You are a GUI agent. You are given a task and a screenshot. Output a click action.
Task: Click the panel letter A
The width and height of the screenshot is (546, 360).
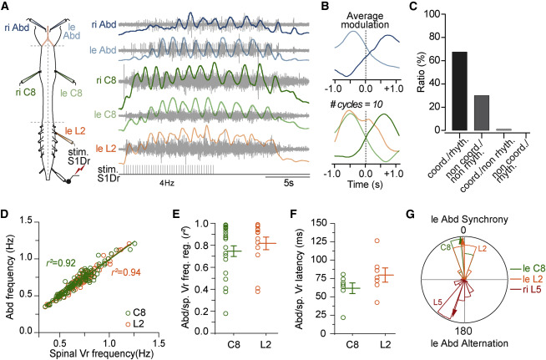[6, 7]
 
